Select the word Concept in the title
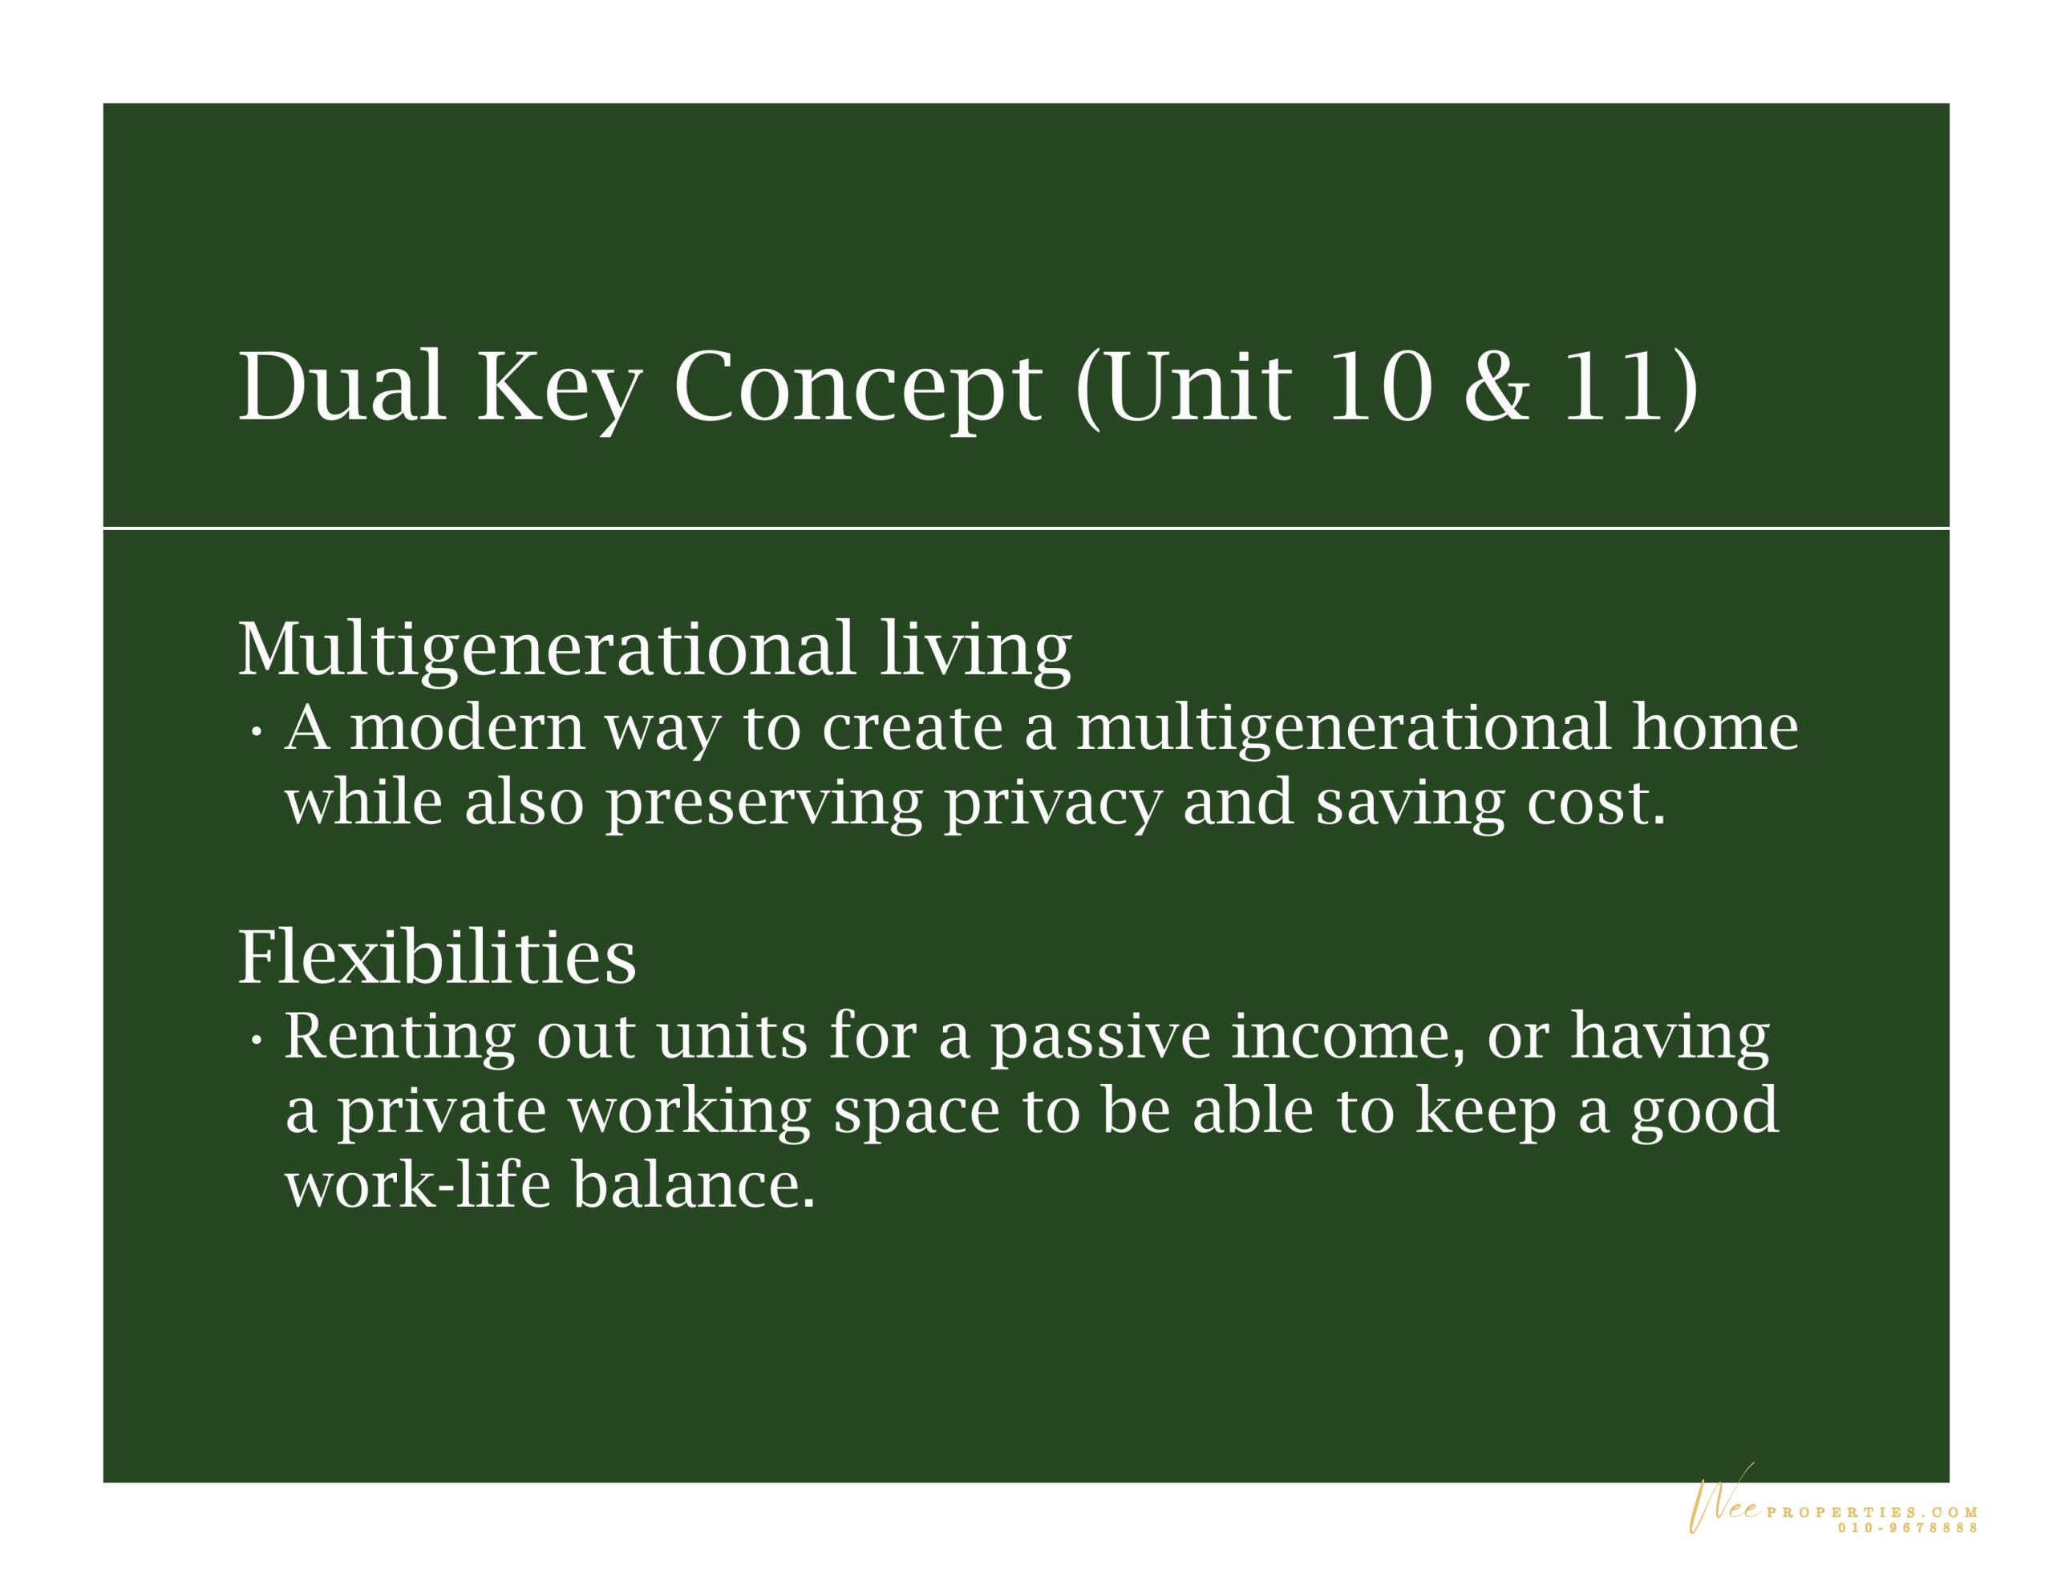pyautogui.click(x=857, y=393)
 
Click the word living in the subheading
pyautogui.click(x=976, y=650)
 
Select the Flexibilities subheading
pyautogui.click(x=437, y=957)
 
